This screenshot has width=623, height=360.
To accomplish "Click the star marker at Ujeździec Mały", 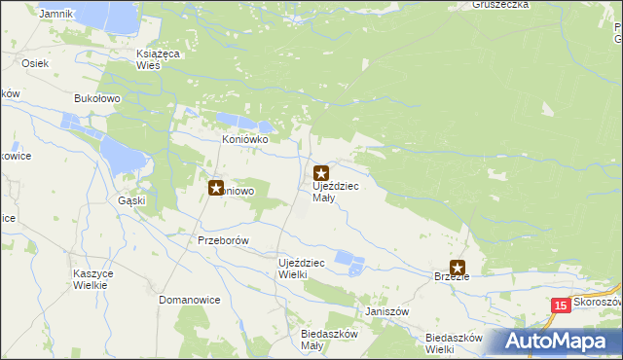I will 320,174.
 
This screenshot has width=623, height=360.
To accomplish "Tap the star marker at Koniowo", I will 216,188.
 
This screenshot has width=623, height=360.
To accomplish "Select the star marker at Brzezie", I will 457,268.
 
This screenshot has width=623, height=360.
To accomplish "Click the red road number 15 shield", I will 560,306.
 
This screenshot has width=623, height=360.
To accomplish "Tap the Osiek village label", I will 33,62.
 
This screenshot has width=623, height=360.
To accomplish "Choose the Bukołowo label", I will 96,98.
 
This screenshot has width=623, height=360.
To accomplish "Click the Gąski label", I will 131,200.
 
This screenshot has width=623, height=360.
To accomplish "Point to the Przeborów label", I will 224,240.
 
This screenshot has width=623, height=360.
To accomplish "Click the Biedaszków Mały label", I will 311,340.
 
